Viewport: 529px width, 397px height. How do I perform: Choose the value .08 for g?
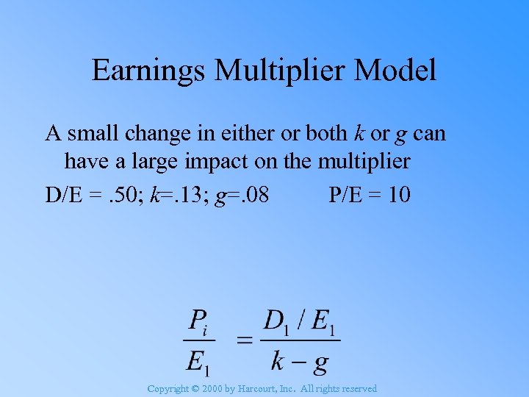point(254,195)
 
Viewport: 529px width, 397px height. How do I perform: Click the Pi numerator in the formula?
point(199,321)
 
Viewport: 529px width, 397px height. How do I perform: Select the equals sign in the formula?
point(244,339)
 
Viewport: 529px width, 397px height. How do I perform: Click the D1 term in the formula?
point(277,321)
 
